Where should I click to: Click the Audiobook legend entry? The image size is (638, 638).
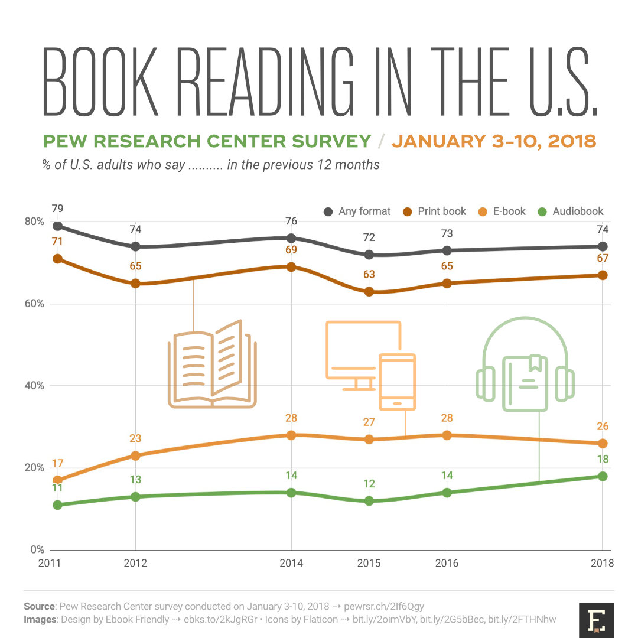click(571, 211)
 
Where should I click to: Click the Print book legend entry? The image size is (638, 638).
click(435, 211)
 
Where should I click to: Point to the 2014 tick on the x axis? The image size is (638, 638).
click(291, 563)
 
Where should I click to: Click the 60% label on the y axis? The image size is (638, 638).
click(34, 304)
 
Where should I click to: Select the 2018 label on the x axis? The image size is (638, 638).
click(602, 563)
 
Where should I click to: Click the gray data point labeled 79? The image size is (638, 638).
click(57, 226)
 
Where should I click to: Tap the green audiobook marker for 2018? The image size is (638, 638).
click(603, 476)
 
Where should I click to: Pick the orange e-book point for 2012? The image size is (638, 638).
click(135, 455)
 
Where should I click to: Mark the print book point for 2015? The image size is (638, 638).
click(369, 291)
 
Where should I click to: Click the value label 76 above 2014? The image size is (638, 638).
click(291, 222)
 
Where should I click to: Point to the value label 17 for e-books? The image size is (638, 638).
click(57, 464)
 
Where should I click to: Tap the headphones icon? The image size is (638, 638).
click(525, 366)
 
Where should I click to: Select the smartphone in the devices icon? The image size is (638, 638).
click(397, 382)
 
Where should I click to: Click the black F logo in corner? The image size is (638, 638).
click(597, 620)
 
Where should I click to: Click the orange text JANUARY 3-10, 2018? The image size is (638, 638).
click(494, 141)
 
